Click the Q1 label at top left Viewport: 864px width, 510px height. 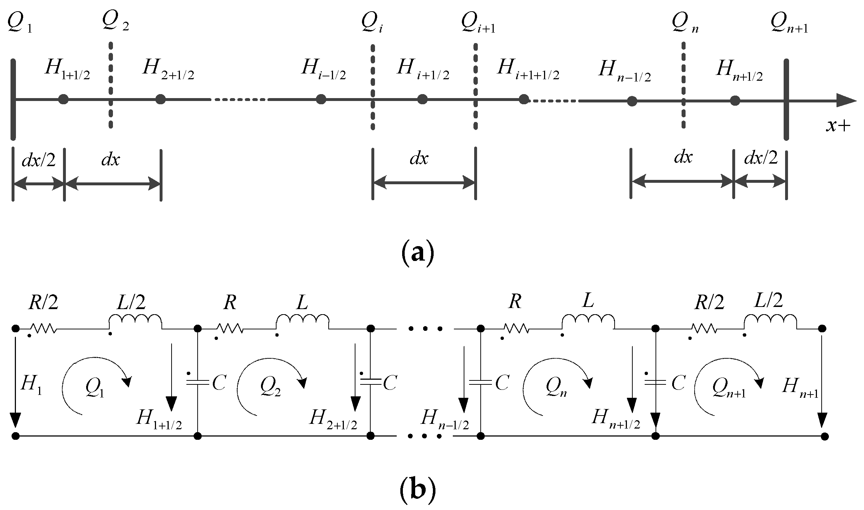20,23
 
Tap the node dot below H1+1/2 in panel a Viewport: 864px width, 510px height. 63,99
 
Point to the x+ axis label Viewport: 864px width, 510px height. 838,125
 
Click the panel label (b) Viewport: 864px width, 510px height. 418,490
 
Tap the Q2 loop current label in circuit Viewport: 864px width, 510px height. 270,388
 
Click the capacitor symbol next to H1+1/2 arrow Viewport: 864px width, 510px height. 198,382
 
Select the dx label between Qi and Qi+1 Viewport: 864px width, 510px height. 419,159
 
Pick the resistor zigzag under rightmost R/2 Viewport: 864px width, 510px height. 704,328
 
